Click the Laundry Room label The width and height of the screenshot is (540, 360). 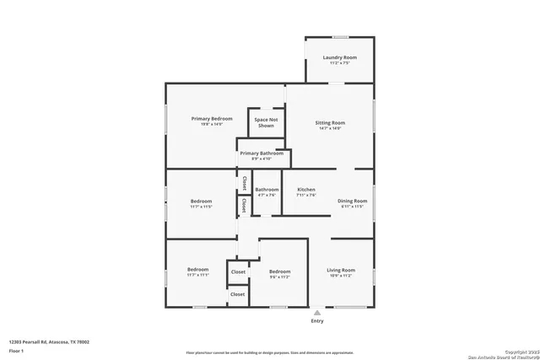(339, 57)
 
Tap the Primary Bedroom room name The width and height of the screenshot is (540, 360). (211, 119)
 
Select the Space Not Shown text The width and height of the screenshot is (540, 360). (266, 122)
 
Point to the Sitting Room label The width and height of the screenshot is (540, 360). (330, 123)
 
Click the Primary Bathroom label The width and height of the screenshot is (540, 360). (261, 153)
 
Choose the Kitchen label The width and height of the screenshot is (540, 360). (306, 190)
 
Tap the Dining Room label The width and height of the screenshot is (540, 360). (353, 201)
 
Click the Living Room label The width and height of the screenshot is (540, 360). (341, 270)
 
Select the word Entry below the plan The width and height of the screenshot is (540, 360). (317, 321)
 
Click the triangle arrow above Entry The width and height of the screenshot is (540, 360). (317, 312)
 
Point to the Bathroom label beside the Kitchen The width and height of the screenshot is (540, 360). (267, 190)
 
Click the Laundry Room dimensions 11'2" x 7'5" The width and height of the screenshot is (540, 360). (339, 63)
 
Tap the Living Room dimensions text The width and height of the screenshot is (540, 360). (341, 276)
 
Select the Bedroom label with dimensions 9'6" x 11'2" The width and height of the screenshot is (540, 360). (279, 271)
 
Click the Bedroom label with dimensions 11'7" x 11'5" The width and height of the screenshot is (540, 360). (201, 201)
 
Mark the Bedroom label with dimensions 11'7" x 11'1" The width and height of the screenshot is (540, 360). (197, 270)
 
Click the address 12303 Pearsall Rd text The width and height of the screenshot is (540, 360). (49, 341)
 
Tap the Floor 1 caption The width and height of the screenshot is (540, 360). (16, 350)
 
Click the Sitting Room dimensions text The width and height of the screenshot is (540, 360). (330, 129)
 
